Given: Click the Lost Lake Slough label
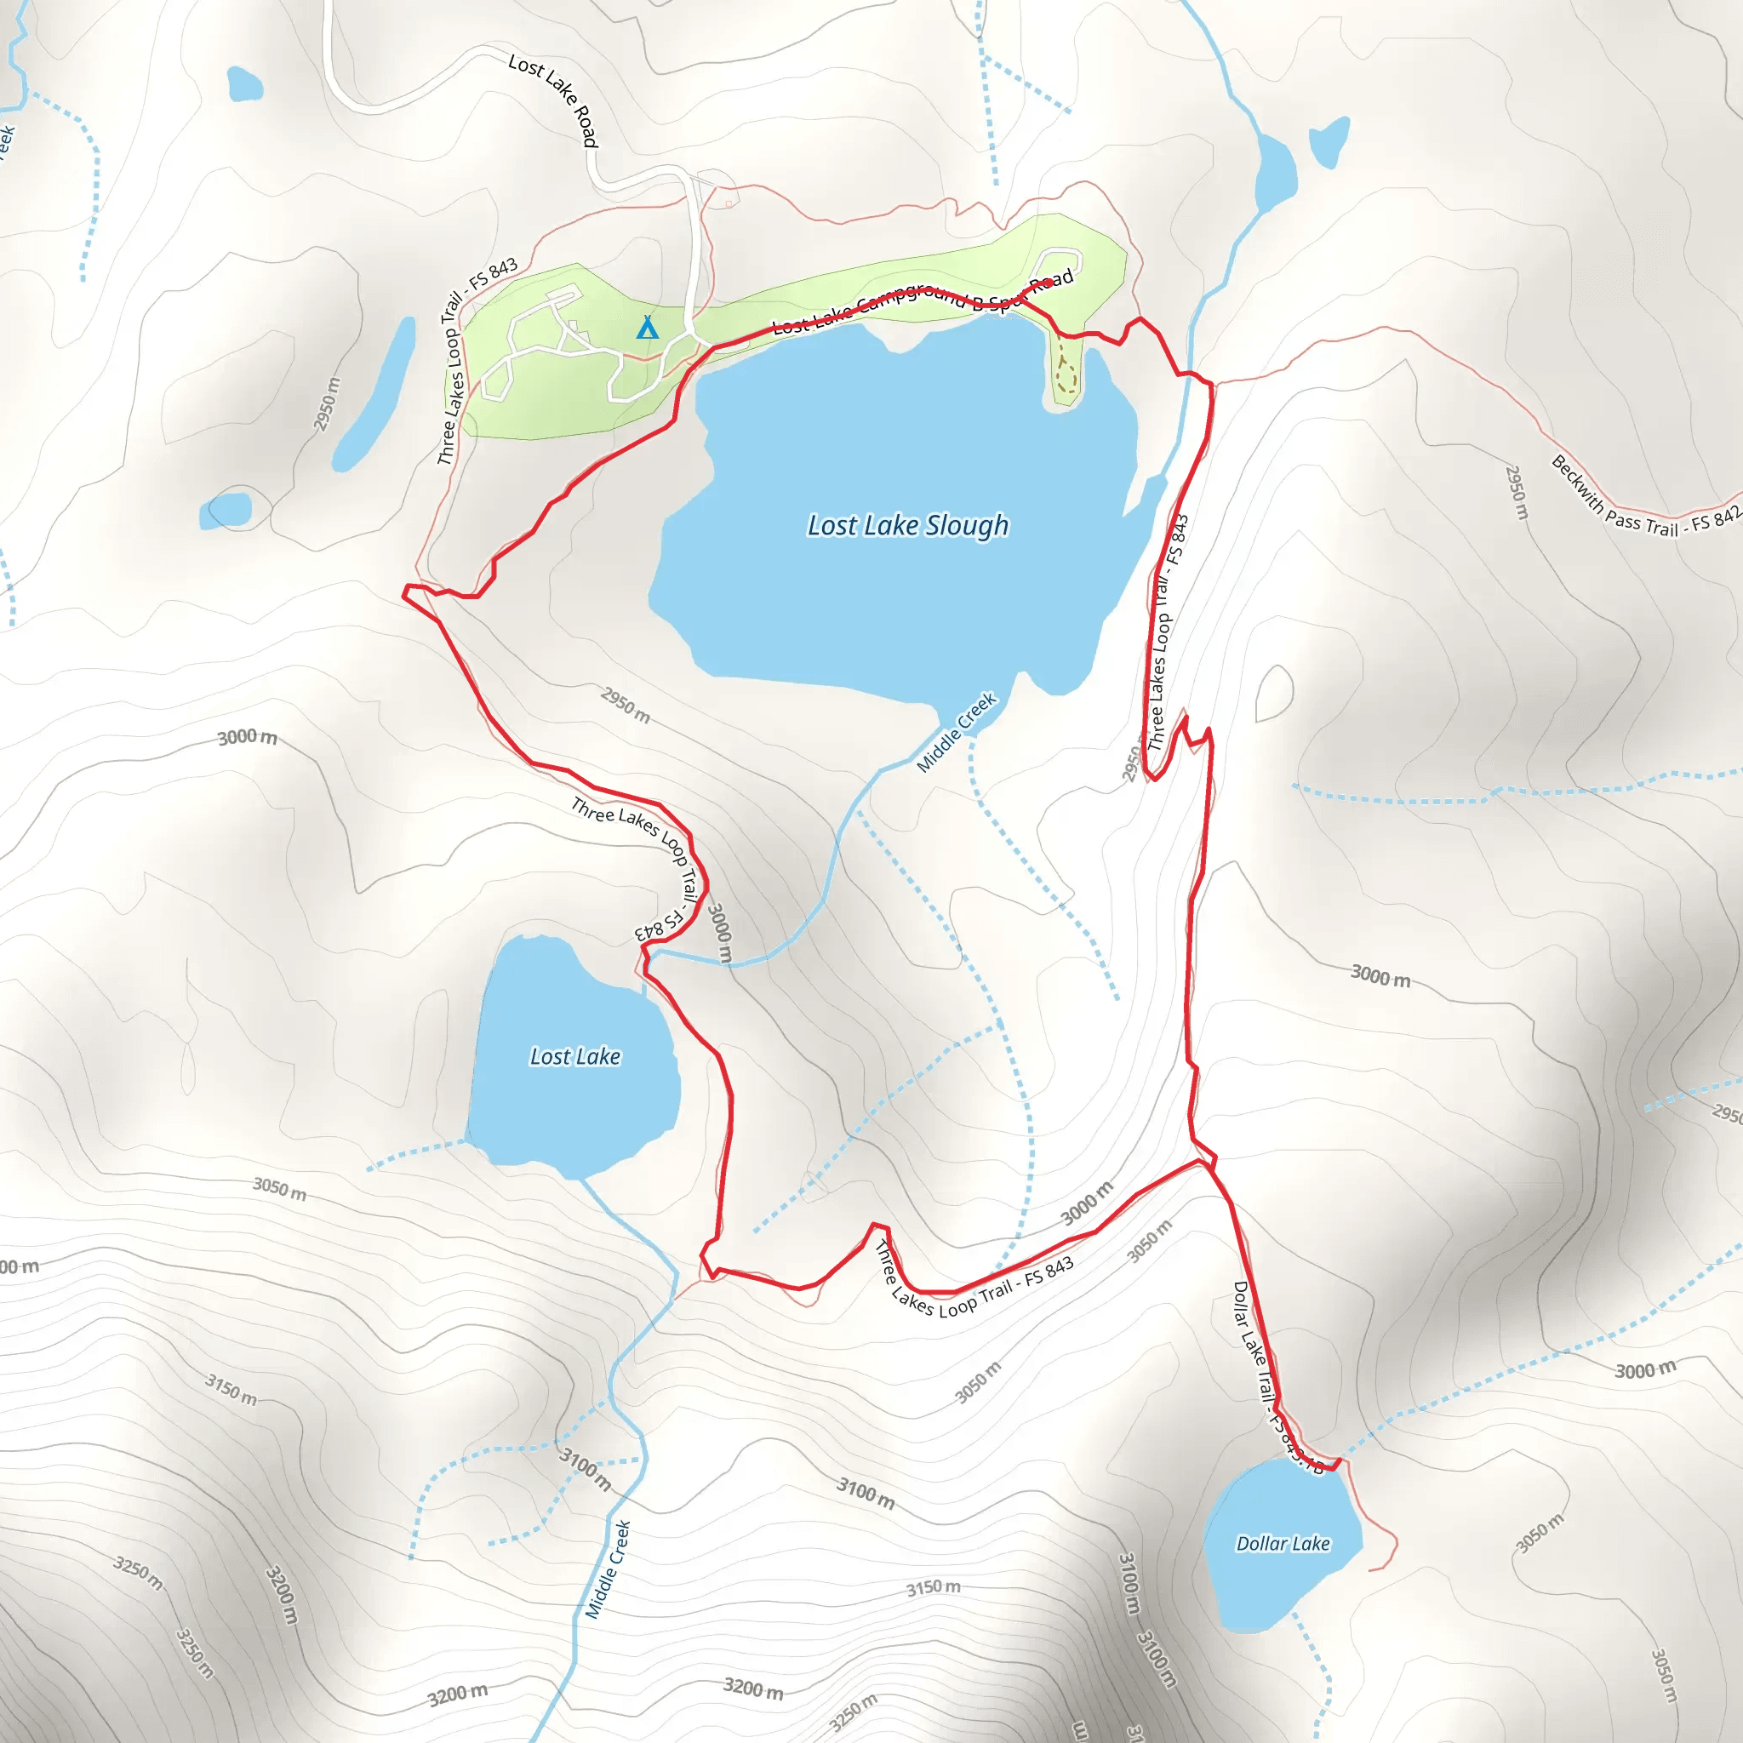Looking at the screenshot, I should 907,525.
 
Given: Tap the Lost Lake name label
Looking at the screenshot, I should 574,1056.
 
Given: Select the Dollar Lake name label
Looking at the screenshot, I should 1283,1544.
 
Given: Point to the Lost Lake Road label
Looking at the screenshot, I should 554,100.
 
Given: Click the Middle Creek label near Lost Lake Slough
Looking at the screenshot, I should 957,733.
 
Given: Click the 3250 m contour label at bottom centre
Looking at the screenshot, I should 853,1714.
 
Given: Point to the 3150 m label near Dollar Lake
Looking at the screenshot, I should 933,1587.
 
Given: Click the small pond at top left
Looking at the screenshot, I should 244,84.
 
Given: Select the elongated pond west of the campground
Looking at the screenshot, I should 374,393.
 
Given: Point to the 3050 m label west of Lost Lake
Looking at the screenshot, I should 280,1188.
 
